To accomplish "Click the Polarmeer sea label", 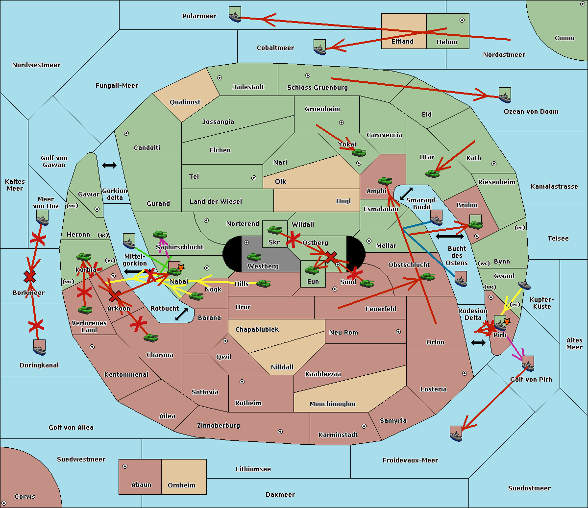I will point(199,16).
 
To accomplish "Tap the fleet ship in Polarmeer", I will point(235,14).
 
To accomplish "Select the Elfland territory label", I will point(402,42).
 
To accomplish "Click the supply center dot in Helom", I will point(462,20).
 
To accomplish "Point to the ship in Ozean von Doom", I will point(505,95).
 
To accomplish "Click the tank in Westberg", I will point(254,257).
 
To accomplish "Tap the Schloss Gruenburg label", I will point(317,88).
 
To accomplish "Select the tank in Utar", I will point(432,173).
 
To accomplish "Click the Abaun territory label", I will point(141,485).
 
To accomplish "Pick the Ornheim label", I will point(181,485).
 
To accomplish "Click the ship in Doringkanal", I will point(39,347).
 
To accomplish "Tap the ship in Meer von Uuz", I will point(43,218).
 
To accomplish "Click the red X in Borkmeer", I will point(30,277).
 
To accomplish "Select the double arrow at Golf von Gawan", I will point(109,166).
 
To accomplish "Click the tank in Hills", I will point(264,283).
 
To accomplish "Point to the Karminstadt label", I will point(338,435).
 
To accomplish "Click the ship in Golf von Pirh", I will point(527,363).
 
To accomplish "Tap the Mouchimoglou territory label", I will point(333,404).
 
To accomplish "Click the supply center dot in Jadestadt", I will point(220,77).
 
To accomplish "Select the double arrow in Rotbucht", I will point(181,314).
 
